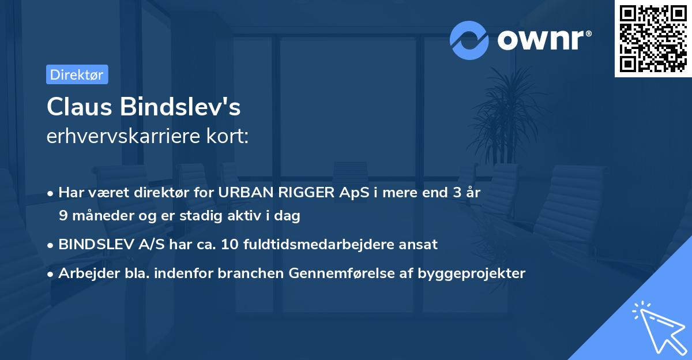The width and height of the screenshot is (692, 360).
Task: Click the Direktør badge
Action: click(x=77, y=74)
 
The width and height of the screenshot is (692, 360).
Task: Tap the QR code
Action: click(x=653, y=38)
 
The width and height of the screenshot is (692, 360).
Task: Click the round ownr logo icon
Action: click(x=469, y=40)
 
